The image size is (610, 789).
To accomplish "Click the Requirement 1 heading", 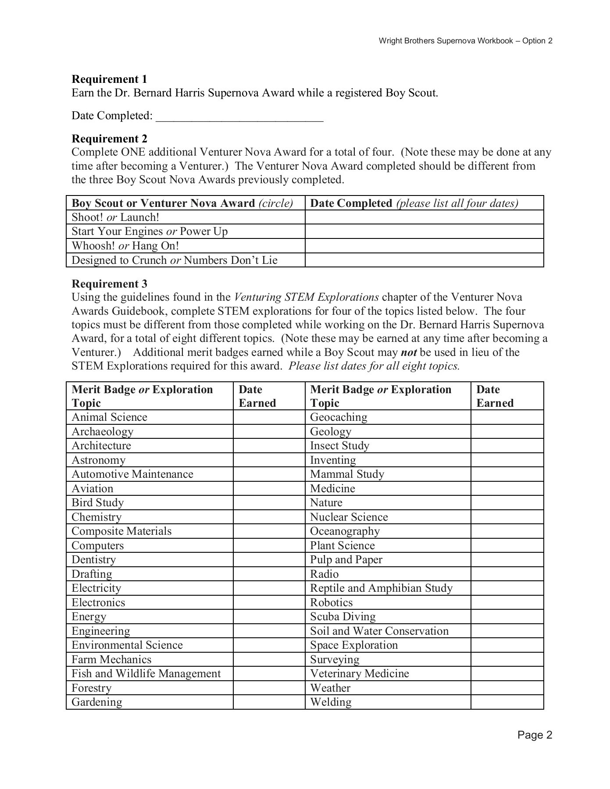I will coord(109,79).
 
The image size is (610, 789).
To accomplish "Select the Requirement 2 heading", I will coord(109,139).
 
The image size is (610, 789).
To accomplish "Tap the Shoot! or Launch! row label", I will coord(115,217).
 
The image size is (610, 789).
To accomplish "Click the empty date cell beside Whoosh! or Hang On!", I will coord(424,246).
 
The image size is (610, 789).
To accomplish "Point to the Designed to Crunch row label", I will coord(174,260).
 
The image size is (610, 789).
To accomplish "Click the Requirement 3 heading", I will coord(109,284).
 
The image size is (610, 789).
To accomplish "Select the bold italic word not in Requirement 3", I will coord(408,352).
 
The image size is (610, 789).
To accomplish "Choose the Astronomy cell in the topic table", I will coord(99,460).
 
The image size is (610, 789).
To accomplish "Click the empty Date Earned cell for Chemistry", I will coord(269,517).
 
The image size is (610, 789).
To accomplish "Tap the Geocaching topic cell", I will coord(339,417).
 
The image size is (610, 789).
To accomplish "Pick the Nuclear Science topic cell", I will coord(349,517).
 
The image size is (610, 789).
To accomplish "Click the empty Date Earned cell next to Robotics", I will coord(507,602).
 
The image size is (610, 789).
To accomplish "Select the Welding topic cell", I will coord(331,702).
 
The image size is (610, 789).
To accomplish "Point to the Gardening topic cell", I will coord(97,702).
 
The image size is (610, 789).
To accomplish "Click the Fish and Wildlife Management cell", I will coord(146,673).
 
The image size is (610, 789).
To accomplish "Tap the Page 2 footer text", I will coord(534,735).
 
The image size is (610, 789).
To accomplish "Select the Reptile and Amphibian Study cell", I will coord(381,588).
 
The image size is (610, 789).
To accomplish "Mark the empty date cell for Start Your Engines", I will coord(424,231).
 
